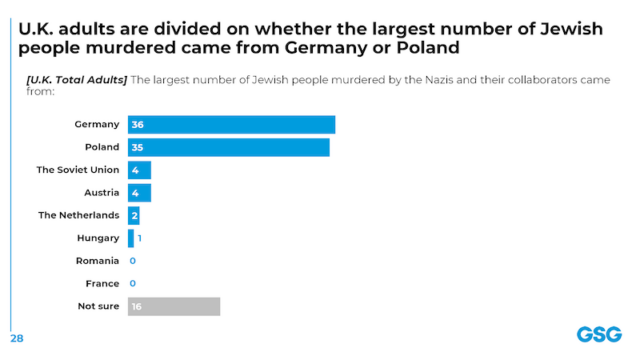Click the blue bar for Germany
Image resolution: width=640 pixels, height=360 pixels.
pyautogui.click(x=232, y=124)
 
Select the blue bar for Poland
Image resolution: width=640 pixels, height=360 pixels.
pyautogui.click(x=229, y=147)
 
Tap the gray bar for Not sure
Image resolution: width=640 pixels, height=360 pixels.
pyautogui.click(x=174, y=306)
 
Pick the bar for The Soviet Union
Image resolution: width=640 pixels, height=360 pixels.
pyautogui.click(x=139, y=170)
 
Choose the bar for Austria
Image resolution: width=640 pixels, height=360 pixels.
pyautogui.click(x=139, y=192)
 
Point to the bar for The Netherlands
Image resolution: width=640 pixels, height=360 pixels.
pyautogui.click(x=134, y=215)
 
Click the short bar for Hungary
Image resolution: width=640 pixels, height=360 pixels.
pyautogui.click(x=131, y=238)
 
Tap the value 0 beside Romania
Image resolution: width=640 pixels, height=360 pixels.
pyautogui.click(x=132, y=261)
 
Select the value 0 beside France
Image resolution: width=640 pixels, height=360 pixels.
pyautogui.click(x=132, y=283)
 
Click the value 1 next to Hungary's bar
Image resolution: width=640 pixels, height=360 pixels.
pyautogui.click(x=140, y=238)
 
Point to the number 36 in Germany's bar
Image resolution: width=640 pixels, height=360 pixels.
pyautogui.click(x=137, y=124)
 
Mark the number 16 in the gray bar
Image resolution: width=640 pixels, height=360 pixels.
pyautogui.click(x=137, y=306)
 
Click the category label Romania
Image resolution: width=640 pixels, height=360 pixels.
pyautogui.click(x=98, y=261)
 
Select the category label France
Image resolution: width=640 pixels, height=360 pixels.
pyautogui.click(x=103, y=283)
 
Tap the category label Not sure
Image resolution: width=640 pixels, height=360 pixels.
pyautogui.click(x=99, y=306)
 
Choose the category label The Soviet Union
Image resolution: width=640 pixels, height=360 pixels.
pyautogui.click(x=78, y=170)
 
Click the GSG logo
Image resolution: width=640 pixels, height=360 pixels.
pyautogui.click(x=598, y=334)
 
